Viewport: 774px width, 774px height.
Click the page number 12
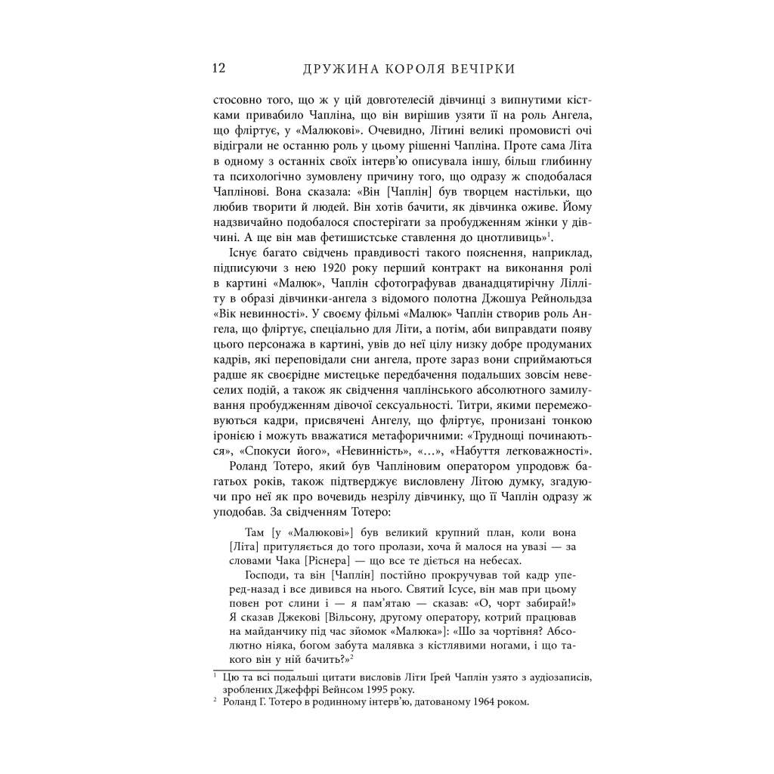[219, 69]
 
